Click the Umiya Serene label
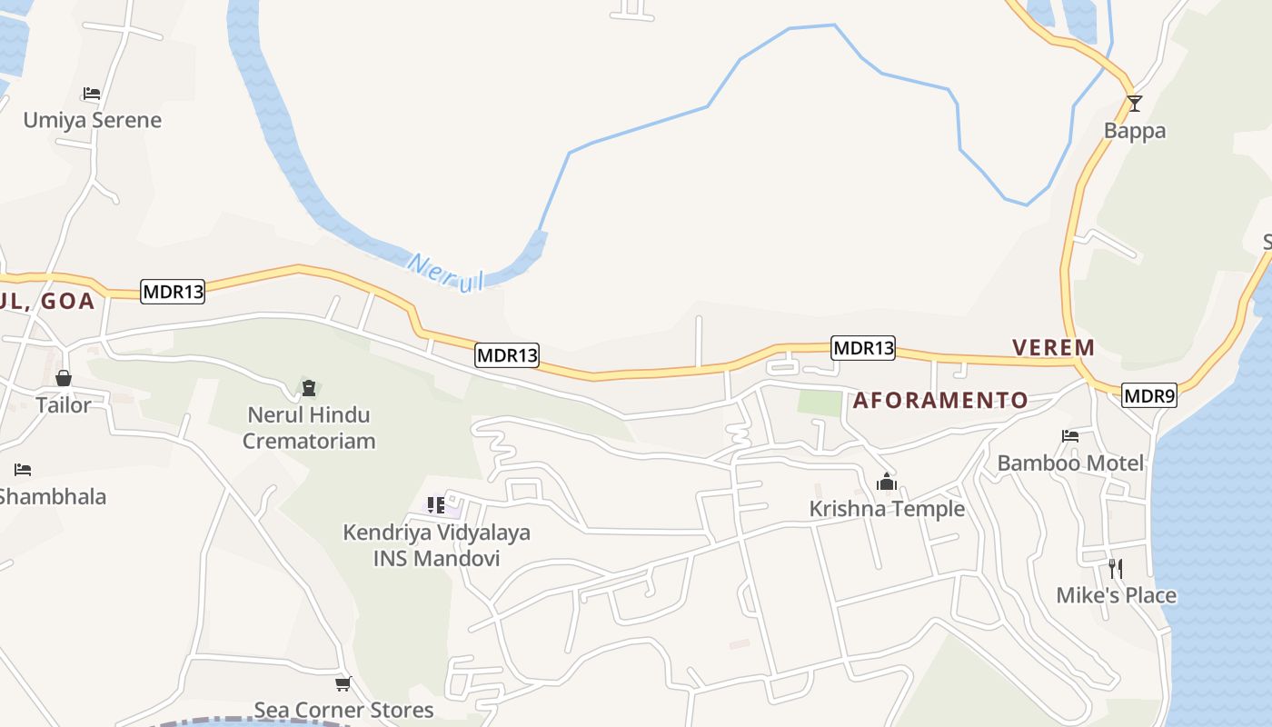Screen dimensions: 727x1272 tap(93, 120)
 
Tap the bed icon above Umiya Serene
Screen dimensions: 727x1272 tap(91, 93)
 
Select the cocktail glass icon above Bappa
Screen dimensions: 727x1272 tap(1134, 103)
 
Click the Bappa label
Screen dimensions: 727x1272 tap(1134, 131)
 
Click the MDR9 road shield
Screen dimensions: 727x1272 tap(1148, 395)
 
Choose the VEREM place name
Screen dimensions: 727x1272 tap(1053, 347)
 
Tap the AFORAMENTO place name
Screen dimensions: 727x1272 tap(940, 400)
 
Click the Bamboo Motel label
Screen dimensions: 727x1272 tap(1070, 463)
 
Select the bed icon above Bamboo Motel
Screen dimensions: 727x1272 tap(1069, 436)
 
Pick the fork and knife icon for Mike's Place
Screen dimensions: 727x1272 tap(1116, 569)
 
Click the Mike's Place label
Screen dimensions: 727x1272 tap(1116, 596)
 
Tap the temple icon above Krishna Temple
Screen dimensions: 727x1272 tap(887, 482)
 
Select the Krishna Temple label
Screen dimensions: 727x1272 tap(887, 509)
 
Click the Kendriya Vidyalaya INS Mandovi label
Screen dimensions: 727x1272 tap(436, 545)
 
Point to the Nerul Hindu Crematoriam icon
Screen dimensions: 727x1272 tap(309, 388)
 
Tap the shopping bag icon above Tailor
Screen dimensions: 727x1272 tap(64, 378)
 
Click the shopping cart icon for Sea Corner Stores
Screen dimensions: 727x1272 tap(343, 683)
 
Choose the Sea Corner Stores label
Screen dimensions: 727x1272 tap(343, 710)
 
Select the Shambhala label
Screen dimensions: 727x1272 tap(53, 497)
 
